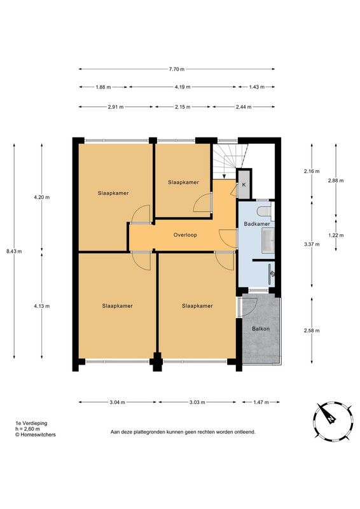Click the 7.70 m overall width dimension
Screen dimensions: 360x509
(177, 69)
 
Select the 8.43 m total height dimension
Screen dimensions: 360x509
(14, 251)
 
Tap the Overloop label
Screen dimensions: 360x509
(185, 235)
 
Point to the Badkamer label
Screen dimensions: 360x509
(257, 224)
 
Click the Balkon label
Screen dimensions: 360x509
(261, 328)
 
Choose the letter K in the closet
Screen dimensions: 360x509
(244, 185)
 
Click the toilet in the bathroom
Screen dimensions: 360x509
(265, 211)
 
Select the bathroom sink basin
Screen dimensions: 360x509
(268, 240)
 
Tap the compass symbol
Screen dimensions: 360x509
(333, 421)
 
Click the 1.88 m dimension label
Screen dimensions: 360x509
(103, 87)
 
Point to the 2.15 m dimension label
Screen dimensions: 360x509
(183, 107)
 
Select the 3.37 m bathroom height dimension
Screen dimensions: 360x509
(312, 244)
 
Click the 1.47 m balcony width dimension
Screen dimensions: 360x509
(261, 402)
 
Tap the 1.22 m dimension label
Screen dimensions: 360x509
(336, 235)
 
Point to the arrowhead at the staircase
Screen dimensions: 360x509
(225, 176)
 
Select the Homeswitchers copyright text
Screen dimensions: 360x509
(36, 435)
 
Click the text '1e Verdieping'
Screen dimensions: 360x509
(32, 423)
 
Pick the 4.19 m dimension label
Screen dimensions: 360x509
(183, 87)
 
